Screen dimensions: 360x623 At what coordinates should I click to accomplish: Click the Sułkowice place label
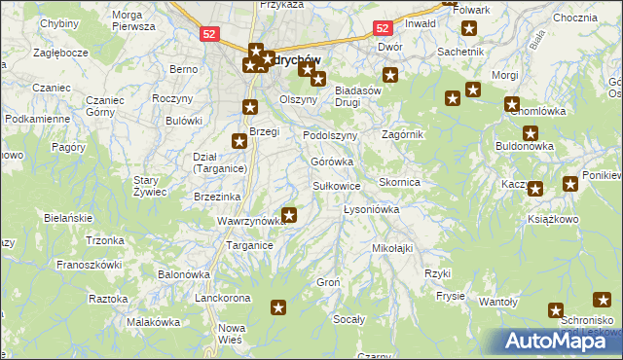pos(336,185)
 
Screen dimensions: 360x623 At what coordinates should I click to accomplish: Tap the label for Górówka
pos(331,162)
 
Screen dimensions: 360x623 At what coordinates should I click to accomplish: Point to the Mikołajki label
pos(392,248)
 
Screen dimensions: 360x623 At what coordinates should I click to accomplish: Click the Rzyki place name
pos(438,273)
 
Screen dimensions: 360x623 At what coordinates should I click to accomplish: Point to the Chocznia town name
pos(573,18)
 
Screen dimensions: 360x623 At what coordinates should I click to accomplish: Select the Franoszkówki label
pos(89,264)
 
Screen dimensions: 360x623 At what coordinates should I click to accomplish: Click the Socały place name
pos(349,319)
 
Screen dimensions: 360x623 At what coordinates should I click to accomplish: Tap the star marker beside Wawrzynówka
pos(289,214)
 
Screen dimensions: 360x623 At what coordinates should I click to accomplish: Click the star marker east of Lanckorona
pos(278,307)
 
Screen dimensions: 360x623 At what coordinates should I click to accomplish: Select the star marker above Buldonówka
pos(530,133)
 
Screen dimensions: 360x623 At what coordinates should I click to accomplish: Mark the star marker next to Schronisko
pos(556,311)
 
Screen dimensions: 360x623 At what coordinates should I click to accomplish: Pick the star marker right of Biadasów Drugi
pos(390,75)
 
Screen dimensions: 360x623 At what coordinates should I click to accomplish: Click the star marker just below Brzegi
pos(238,141)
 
